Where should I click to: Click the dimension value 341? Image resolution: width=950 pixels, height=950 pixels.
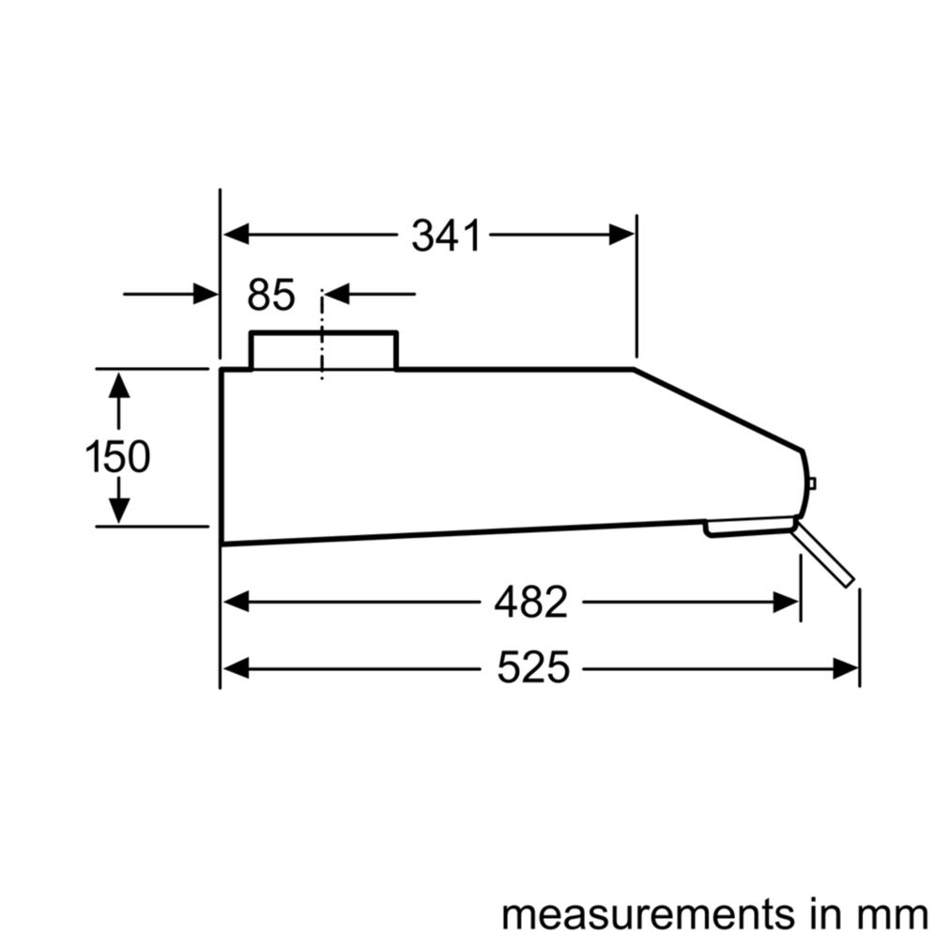(446, 236)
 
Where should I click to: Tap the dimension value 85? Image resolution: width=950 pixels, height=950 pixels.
(271, 295)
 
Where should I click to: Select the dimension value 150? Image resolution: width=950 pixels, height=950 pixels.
(117, 457)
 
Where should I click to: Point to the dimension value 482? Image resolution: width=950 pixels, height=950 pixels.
(530, 603)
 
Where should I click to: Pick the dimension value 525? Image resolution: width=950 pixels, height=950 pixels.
(533, 668)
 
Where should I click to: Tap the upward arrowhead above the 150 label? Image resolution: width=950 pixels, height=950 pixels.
(118, 385)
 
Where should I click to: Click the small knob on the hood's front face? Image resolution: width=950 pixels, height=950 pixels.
(811, 483)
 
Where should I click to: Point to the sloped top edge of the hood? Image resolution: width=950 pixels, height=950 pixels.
(718, 407)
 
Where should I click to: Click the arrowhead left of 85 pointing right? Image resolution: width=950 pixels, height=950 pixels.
(206, 294)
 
